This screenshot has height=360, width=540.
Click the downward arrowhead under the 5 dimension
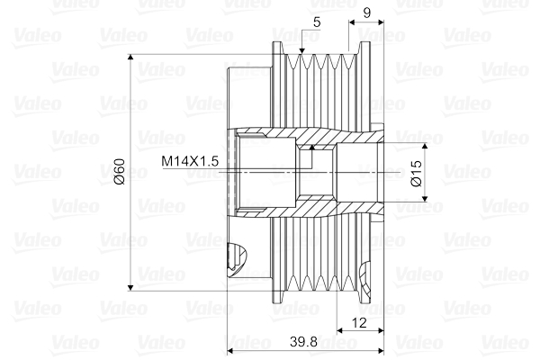301,48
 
